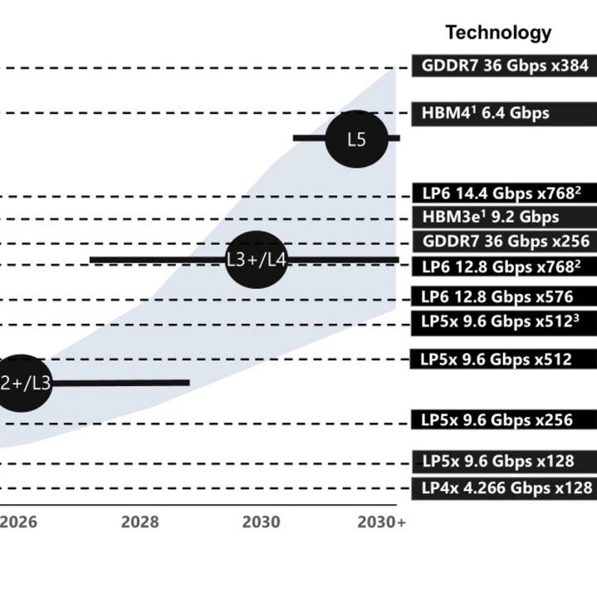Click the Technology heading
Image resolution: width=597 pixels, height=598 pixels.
point(498,32)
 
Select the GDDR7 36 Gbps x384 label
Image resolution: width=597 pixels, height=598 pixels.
point(504,66)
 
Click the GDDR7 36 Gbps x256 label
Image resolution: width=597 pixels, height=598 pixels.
point(504,242)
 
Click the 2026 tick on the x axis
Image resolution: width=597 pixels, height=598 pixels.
point(18,522)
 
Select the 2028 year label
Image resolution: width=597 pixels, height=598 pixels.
point(139,522)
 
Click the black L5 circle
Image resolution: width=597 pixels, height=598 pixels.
point(356,139)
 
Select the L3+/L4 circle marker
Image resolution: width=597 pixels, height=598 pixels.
point(257,260)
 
